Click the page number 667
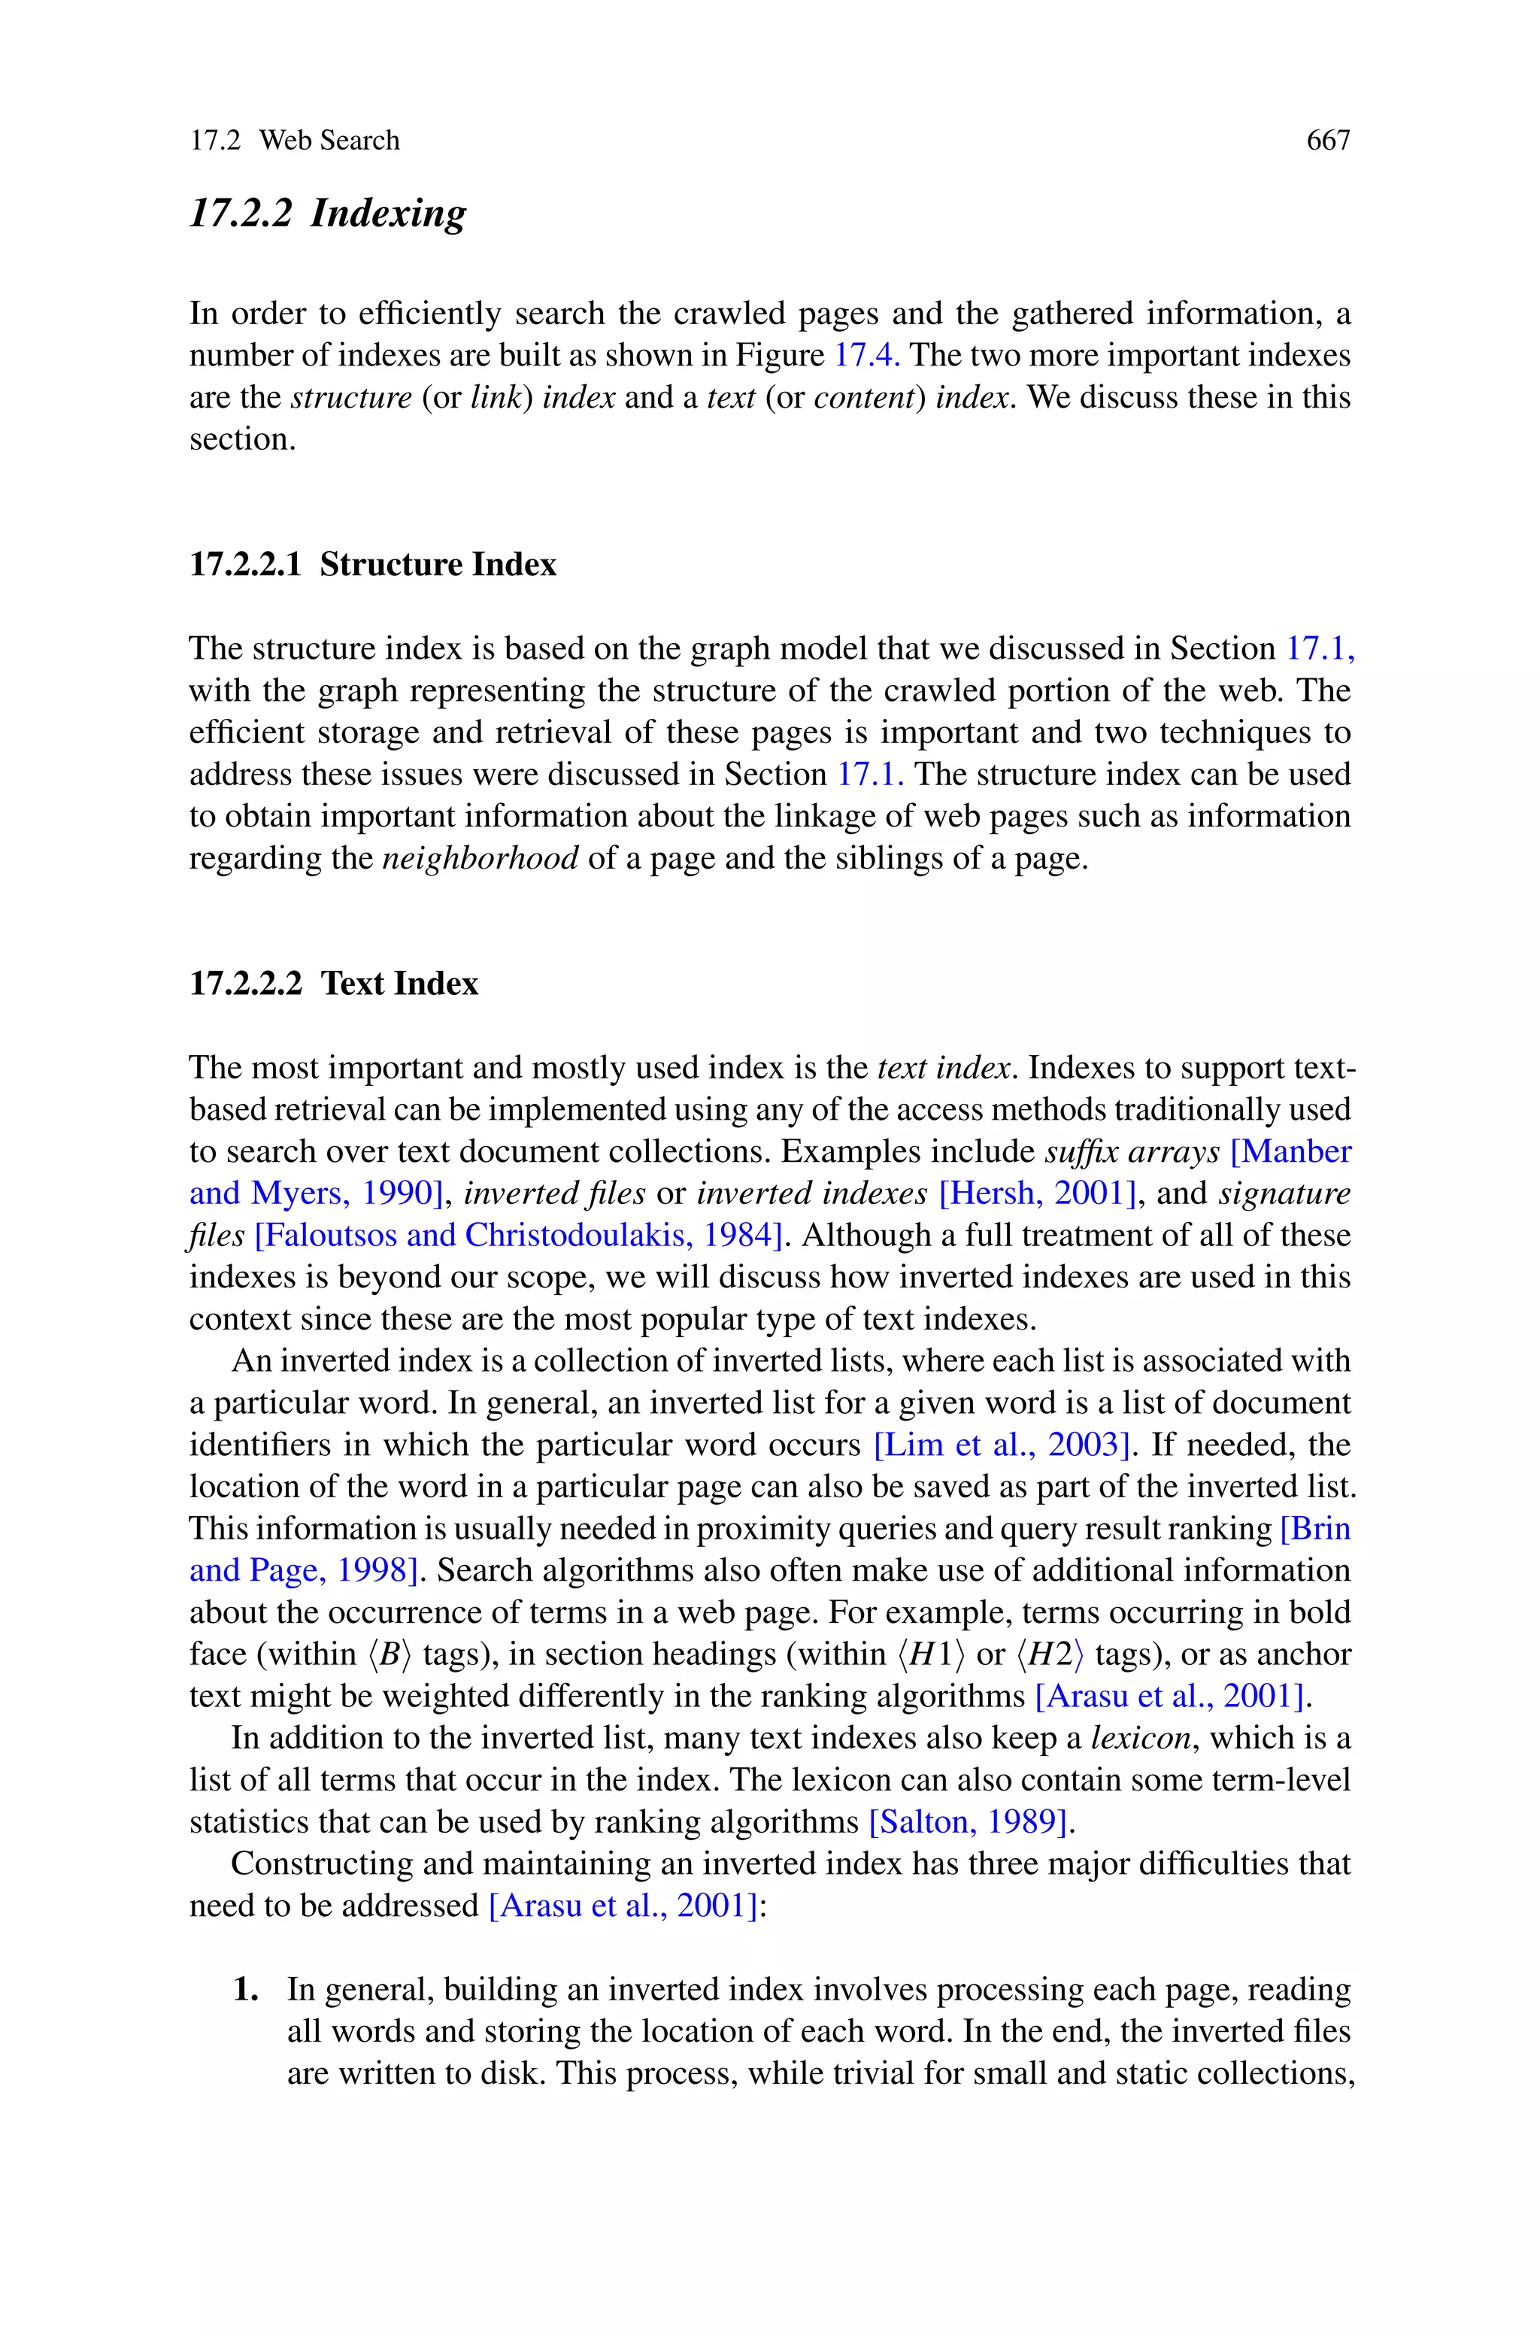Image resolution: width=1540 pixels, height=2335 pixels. coord(1328,141)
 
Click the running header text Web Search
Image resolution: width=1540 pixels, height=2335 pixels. coord(329,141)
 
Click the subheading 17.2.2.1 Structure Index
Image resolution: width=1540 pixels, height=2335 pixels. coord(372,565)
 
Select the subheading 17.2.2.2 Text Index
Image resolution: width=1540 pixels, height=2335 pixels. coord(333,984)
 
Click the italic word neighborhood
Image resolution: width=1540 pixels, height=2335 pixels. coord(480,860)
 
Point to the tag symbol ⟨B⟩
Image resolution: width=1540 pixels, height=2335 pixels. coord(390,1654)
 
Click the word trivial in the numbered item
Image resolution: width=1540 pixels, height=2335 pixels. coord(870,2074)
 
